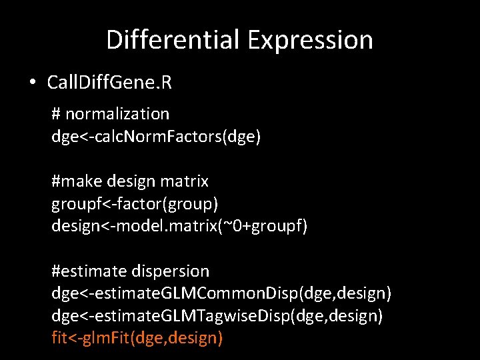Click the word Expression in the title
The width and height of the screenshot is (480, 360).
click(310, 40)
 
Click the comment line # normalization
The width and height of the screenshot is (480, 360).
click(111, 114)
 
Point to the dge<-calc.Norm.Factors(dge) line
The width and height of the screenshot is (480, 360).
click(156, 137)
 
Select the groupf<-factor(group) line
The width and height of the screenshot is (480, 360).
click(135, 203)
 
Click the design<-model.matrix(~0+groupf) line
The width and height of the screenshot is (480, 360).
click(179, 226)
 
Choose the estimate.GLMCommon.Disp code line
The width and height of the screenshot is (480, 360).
click(221, 293)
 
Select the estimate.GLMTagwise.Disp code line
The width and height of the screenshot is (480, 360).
click(217, 316)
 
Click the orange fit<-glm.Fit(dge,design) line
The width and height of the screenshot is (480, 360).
click(137, 338)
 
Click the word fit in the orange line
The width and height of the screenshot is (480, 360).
click(59, 338)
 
